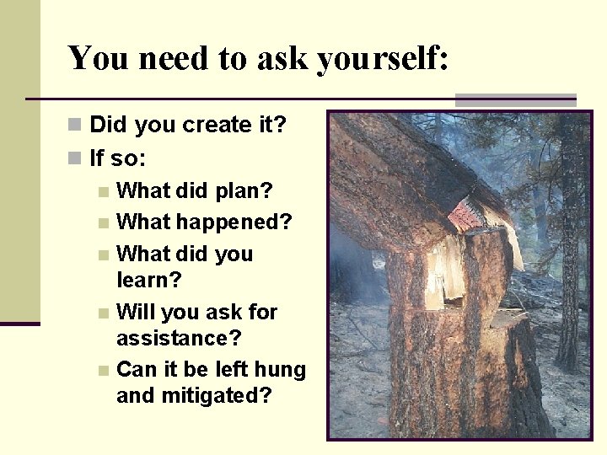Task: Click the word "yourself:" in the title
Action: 384,59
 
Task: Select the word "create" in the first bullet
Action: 205,126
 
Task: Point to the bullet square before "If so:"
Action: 76,158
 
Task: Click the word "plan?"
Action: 243,190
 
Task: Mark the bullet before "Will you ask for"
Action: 103,313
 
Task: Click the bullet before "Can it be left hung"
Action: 103,371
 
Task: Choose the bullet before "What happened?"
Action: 103,223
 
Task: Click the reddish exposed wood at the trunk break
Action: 466,216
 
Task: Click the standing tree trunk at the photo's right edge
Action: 572,253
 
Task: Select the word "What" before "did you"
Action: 142,254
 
